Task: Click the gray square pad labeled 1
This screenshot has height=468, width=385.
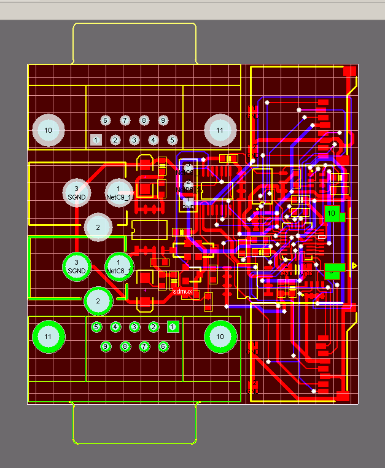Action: [96, 139]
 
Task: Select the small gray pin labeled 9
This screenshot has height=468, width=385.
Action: [163, 120]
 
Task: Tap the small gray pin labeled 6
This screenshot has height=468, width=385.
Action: [105, 120]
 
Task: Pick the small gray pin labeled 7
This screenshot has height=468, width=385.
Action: [125, 120]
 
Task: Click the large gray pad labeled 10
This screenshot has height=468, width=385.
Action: [49, 130]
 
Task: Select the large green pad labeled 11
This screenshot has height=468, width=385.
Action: [47, 336]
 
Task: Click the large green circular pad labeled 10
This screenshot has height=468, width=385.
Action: [220, 336]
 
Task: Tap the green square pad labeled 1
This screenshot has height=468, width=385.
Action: [173, 327]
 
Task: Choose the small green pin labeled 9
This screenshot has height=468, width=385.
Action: [106, 346]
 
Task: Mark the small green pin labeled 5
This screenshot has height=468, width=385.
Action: [96, 327]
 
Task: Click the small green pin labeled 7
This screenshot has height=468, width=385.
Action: [144, 346]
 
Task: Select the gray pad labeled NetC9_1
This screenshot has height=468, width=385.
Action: [119, 192]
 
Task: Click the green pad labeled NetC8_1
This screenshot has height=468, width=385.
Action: [119, 266]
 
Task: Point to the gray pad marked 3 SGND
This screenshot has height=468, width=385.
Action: [76, 192]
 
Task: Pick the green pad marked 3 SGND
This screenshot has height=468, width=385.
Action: [76, 266]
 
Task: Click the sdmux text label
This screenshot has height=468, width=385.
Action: [183, 291]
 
